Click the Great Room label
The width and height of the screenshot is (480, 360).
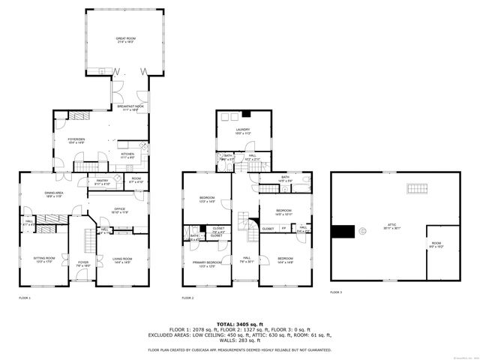[x=125, y=39]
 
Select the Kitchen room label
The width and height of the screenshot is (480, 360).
[x=127, y=155]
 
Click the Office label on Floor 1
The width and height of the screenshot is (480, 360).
[x=120, y=211]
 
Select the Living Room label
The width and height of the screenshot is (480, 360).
[x=121, y=260]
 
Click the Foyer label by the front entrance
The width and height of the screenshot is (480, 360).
[x=82, y=263]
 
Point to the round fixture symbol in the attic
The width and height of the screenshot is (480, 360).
[x=363, y=232]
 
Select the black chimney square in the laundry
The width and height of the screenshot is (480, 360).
[x=244, y=114]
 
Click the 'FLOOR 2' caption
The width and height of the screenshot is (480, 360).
[x=187, y=298]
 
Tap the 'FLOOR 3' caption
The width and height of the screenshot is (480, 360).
[x=336, y=292]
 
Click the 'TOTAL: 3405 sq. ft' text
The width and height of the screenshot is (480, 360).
[x=239, y=324]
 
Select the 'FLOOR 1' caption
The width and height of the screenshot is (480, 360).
[x=25, y=298]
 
